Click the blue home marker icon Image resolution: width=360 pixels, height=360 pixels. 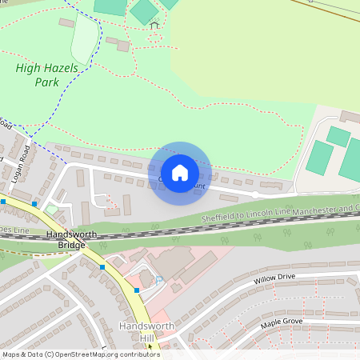tap(180, 173)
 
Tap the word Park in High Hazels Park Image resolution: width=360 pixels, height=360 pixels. tap(46, 82)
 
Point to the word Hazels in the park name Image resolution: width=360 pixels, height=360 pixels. tap(61, 69)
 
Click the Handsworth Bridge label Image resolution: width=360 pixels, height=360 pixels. tap(66, 239)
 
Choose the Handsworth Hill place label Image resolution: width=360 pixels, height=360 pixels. tap(135, 332)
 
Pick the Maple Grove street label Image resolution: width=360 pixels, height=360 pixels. tap(281, 323)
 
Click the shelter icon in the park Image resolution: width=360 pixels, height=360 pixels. tap(154, 26)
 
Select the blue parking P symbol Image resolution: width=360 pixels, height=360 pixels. tap(158, 279)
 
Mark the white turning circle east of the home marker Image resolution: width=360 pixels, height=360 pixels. tap(255, 194)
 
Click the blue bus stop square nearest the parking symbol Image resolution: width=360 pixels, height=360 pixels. tap(138, 290)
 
